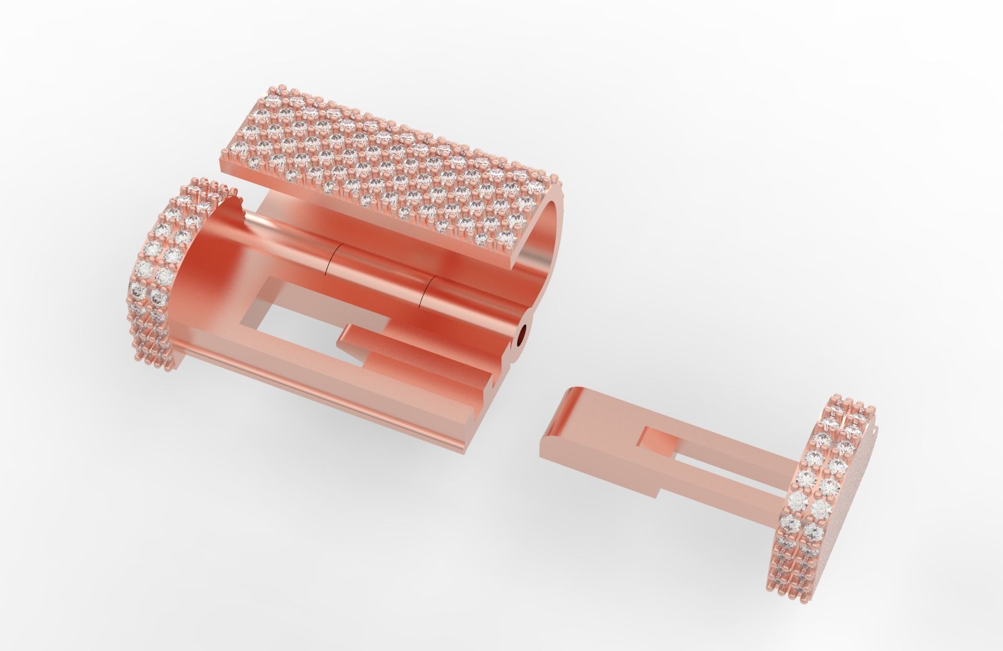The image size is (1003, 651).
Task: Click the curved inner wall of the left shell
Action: pos(209,271)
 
